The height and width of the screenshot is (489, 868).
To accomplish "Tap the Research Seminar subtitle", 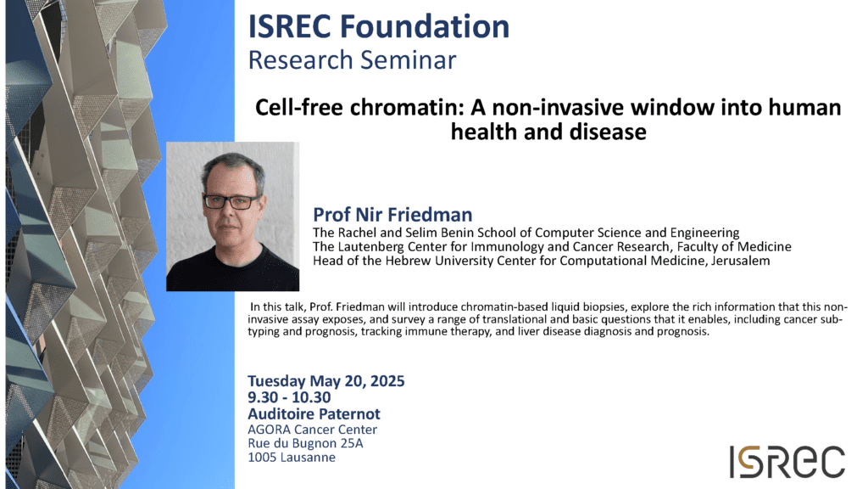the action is [352, 60].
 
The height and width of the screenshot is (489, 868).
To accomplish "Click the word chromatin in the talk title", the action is [406, 107].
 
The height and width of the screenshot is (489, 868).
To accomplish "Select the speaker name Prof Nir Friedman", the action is [392, 215].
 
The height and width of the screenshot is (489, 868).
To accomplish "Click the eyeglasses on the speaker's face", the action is [231, 202].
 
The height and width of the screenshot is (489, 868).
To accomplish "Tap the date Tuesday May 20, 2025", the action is [326, 381].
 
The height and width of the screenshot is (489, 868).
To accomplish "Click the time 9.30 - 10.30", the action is [289, 397].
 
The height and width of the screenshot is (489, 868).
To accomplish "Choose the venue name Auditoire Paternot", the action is [314, 413].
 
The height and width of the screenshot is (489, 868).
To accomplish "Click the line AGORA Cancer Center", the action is [312, 430].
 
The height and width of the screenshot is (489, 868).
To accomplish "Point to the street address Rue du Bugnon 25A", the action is [305, 443].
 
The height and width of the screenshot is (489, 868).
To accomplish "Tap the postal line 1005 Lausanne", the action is [292, 458].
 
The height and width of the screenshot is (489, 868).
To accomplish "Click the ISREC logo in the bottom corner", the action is [787, 461].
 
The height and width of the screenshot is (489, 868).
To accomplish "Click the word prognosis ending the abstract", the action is [682, 332].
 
